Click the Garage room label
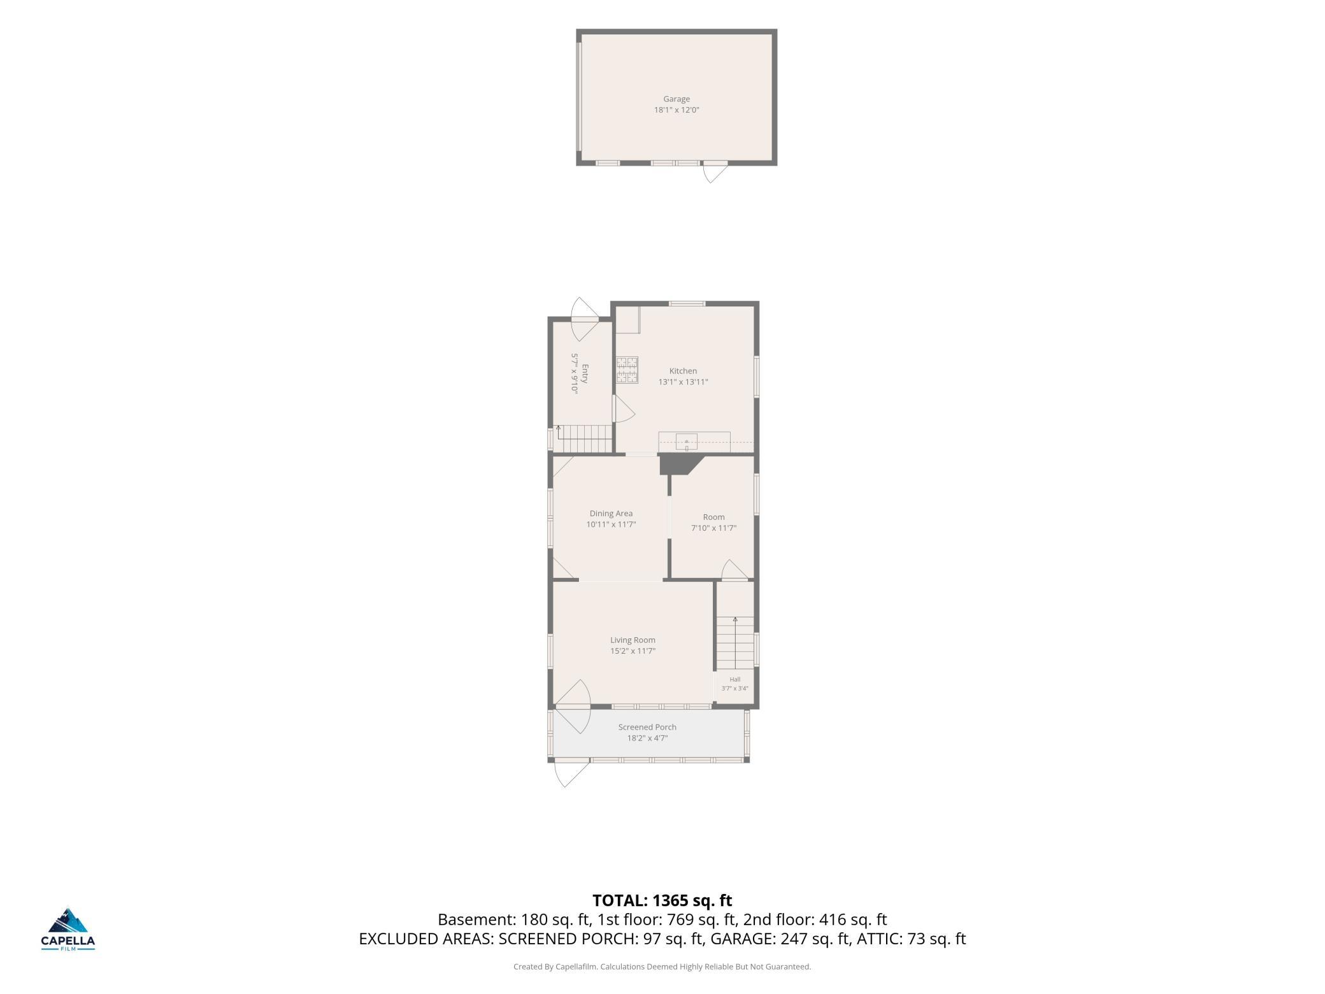[677, 99]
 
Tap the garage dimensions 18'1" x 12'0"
[677, 110]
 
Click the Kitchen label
[683, 371]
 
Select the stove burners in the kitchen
[627, 370]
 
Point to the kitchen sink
[687, 441]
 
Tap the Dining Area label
[611, 514]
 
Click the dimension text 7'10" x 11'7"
[713, 528]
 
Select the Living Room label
[633, 640]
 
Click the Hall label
[735, 679]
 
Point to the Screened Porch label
[647, 727]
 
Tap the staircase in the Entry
[585, 440]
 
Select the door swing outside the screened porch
[571, 773]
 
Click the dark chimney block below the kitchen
[679, 464]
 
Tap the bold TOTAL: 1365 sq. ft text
[662, 900]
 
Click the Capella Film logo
[68, 928]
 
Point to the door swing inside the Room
[734, 570]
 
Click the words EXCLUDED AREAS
[426, 939]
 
